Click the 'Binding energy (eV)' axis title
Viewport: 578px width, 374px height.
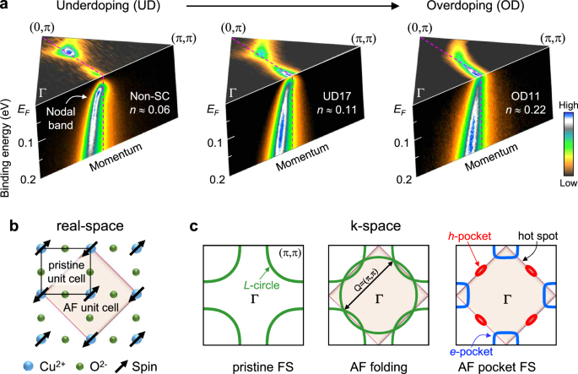pos(8,127)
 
